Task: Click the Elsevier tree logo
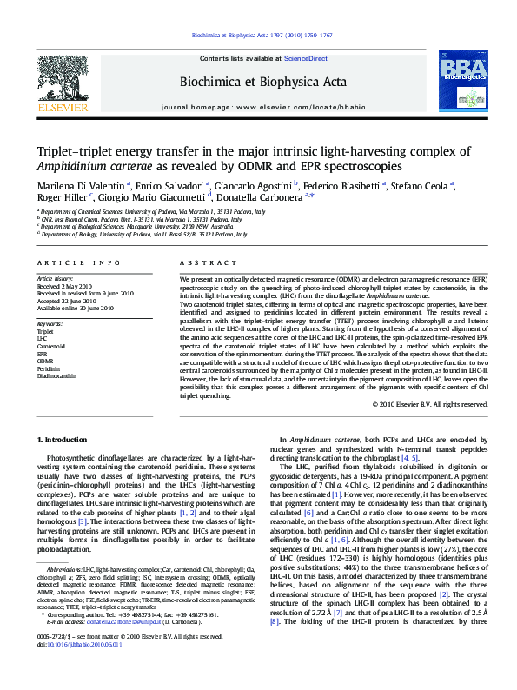coord(63,79)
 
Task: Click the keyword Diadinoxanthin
coord(56,376)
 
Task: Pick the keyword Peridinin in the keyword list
coord(48,369)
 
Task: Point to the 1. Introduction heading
coord(64,442)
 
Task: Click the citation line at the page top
coord(259,36)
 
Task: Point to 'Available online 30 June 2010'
coord(75,307)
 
